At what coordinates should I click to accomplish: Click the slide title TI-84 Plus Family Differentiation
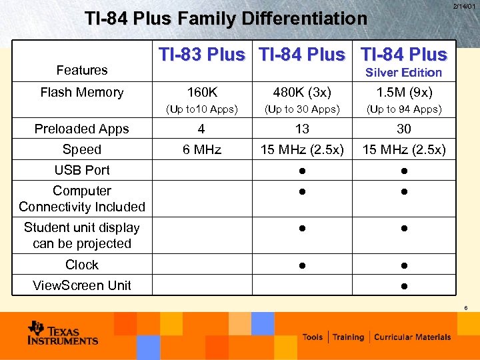point(225,19)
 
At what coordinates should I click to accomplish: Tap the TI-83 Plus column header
point(201,55)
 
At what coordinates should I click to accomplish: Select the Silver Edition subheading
point(403,73)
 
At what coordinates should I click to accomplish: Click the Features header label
point(82,70)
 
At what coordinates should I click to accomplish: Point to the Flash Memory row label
point(82,93)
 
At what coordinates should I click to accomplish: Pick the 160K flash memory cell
point(202,93)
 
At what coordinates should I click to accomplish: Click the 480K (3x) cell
point(302,93)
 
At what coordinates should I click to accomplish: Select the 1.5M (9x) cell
point(404,93)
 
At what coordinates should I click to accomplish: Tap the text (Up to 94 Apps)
point(404,109)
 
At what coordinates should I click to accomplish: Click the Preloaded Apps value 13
point(302,129)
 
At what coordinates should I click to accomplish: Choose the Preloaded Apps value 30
point(404,129)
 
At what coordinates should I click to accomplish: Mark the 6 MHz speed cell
point(202,150)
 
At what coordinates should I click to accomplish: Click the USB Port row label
point(82,170)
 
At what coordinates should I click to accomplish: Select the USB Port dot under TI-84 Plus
point(302,171)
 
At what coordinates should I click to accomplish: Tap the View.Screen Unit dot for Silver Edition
point(404,286)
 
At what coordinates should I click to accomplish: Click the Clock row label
point(82,265)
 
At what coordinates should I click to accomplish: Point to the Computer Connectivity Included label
point(82,199)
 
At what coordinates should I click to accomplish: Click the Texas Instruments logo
point(63,333)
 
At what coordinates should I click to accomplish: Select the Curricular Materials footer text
point(413,337)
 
